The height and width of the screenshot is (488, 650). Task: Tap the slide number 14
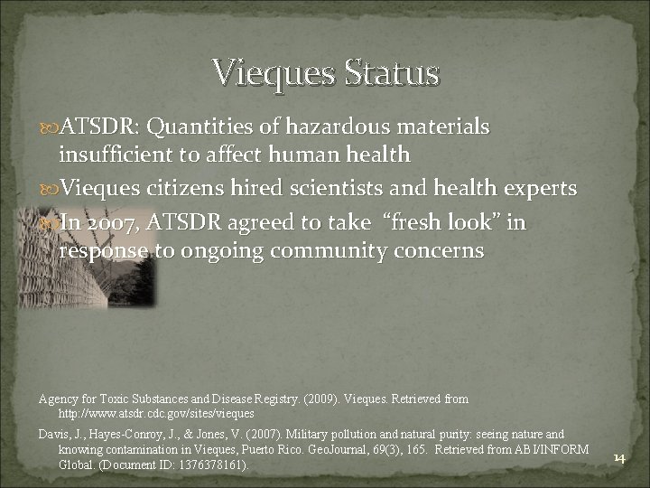pos(619,458)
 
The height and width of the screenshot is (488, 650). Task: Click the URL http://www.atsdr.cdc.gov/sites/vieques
pos(155,412)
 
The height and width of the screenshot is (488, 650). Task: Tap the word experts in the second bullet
pos(543,188)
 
